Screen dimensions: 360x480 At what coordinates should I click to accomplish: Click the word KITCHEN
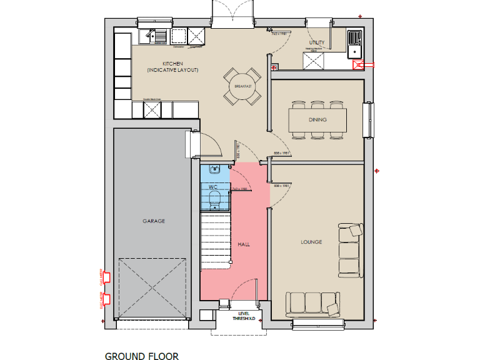click(x=172, y=64)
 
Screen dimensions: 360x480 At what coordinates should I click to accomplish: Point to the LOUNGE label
click(x=311, y=242)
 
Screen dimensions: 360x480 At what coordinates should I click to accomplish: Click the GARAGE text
click(x=153, y=221)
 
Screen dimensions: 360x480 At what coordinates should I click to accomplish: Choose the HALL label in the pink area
click(x=244, y=244)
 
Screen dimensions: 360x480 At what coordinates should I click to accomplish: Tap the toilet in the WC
click(x=214, y=199)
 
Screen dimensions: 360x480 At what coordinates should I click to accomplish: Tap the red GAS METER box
click(x=106, y=276)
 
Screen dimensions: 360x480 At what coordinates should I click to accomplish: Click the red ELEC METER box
click(x=106, y=299)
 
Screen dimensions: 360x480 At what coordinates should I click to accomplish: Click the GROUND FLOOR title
click(x=141, y=356)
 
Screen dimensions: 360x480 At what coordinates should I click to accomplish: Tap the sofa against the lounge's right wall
click(x=351, y=250)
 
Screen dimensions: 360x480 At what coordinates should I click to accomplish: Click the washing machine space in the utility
click(x=312, y=61)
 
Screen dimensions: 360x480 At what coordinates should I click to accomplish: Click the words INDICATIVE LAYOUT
click(x=172, y=70)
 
